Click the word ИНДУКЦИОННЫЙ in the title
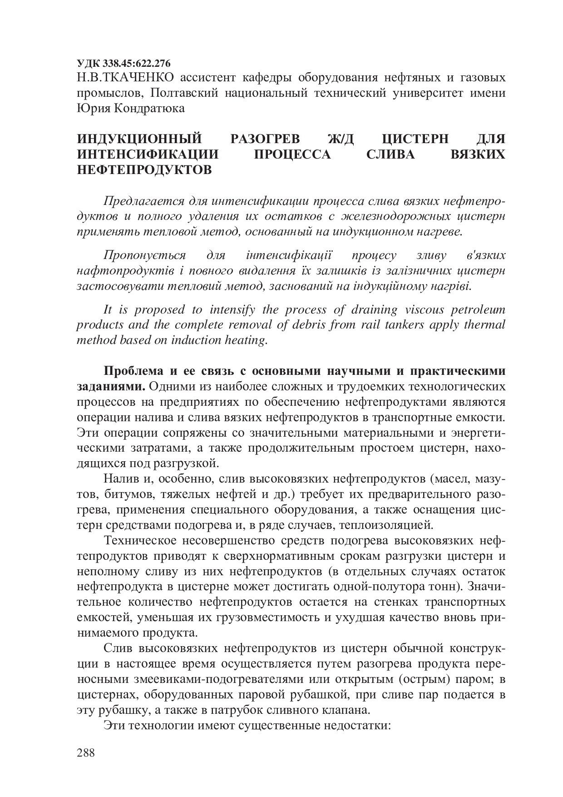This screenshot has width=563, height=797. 139,139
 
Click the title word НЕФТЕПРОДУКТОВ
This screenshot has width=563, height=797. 144,170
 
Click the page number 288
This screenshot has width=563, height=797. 85,753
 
